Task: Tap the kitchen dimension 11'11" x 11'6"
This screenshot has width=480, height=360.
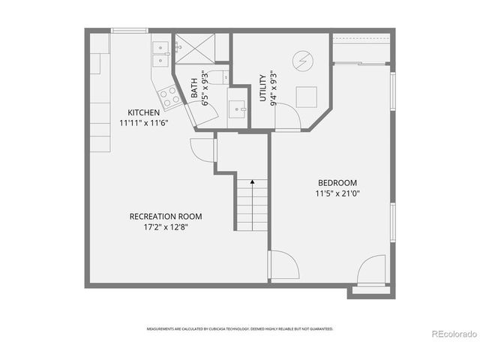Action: pos(142,122)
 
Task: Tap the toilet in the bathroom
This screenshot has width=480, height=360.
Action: pos(217,76)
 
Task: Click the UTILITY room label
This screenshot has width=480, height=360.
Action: pos(262,88)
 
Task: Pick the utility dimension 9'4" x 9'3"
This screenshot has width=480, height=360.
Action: pos(274,88)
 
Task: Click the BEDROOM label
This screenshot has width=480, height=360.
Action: pos(337,183)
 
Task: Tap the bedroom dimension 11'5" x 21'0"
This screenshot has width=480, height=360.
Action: pos(337,193)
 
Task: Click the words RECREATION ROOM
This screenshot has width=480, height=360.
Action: pos(165,216)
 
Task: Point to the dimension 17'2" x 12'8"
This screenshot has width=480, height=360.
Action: pos(165,226)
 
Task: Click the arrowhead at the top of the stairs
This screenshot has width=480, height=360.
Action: pos(253,181)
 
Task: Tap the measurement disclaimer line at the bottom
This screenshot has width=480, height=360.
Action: pos(240,328)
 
